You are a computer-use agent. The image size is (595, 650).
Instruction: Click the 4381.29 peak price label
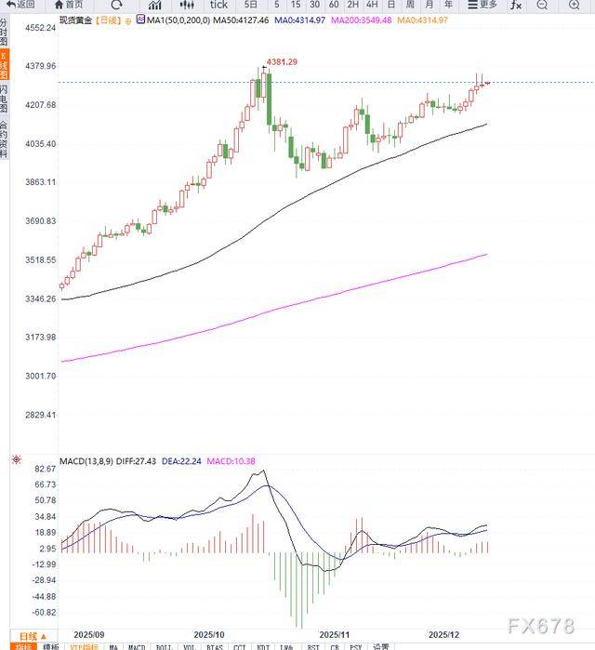coord(282,61)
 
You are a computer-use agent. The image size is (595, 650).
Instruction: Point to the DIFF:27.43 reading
coord(133,460)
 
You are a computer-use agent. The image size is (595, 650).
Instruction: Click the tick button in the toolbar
coord(218,5)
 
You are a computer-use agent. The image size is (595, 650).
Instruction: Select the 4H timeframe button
coord(371,5)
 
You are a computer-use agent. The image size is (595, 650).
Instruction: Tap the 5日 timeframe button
coord(251,5)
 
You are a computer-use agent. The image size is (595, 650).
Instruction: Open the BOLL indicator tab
coord(164,646)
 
